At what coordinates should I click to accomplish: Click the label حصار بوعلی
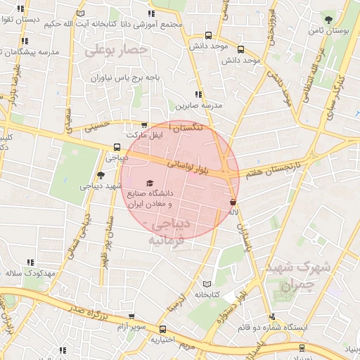click(x=115, y=51)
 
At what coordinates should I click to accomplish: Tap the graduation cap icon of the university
click(x=149, y=182)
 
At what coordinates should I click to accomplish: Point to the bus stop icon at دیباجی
click(x=117, y=148)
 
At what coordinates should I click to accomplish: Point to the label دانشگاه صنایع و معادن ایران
click(x=149, y=197)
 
